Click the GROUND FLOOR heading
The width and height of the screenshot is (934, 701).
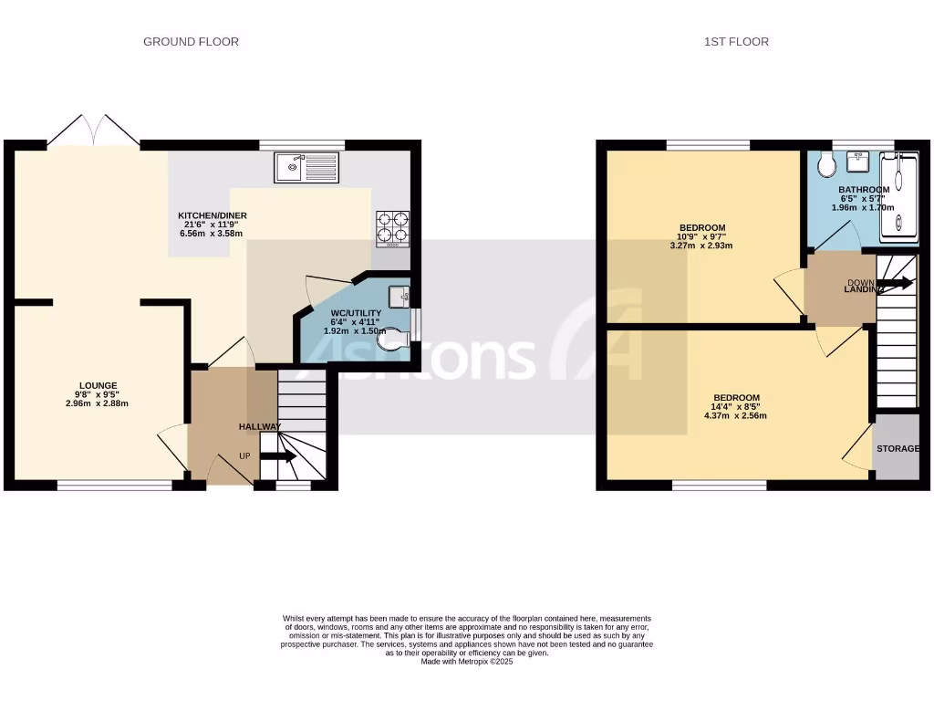191,42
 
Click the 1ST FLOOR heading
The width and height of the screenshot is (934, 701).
736,42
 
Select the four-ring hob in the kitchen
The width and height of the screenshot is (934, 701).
392,229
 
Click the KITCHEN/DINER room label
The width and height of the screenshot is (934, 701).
213,215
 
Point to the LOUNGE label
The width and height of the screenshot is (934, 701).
98,385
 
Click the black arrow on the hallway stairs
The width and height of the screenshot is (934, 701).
279,456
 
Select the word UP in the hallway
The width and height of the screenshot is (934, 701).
244,455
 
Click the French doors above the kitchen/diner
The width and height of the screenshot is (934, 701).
93,131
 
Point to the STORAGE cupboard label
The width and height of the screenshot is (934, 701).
898,449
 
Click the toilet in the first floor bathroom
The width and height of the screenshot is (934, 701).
827,165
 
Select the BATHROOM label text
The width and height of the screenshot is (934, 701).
864,190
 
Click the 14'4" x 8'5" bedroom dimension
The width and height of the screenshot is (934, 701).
736,407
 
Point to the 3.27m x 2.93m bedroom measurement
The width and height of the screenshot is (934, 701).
701,246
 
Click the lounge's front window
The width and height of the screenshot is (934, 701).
115,486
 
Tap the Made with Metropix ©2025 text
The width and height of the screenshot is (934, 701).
467,662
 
